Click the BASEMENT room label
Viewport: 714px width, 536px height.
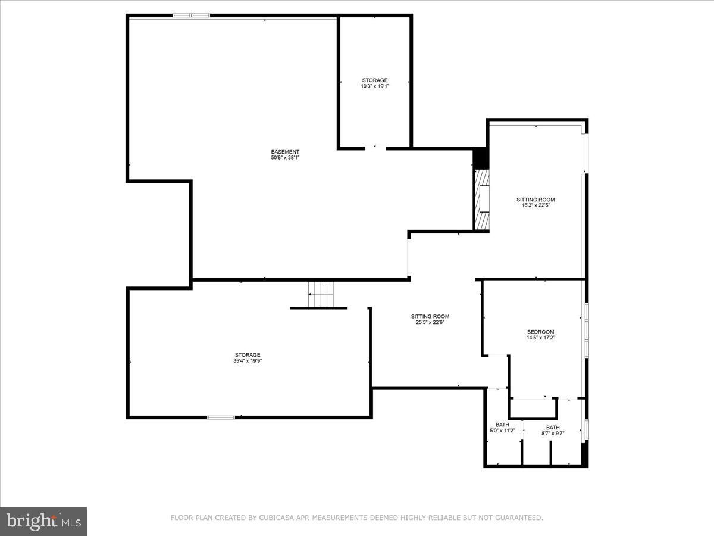[x=285, y=152]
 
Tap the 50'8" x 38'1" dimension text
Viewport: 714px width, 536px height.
[x=285, y=158]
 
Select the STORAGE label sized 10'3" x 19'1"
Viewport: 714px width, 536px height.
[x=375, y=80]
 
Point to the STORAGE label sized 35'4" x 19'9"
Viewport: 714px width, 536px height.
[x=248, y=355]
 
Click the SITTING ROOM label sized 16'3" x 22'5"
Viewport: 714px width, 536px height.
[x=535, y=200]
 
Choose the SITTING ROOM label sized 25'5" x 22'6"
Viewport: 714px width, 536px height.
[x=430, y=316]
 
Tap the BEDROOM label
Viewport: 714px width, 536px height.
[x=541, y=332]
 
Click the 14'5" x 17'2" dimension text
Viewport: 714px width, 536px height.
[x=541, y=338]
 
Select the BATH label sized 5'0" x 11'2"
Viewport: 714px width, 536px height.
[x=502, y=425]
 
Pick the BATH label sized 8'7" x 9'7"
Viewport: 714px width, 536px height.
[x=553, y=428]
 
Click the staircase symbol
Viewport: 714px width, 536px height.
[x=321, y=294]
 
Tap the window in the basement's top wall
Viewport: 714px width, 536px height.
[x=191, y=15]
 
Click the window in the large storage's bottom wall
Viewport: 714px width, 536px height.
[x=221, y=417]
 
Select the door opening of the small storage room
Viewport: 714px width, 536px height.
[x=375, y=148]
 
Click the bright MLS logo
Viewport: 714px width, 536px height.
[x=43, y=522]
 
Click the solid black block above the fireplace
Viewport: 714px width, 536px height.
[x=481, y=158]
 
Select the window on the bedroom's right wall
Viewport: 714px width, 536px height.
[x=587, y=330]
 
